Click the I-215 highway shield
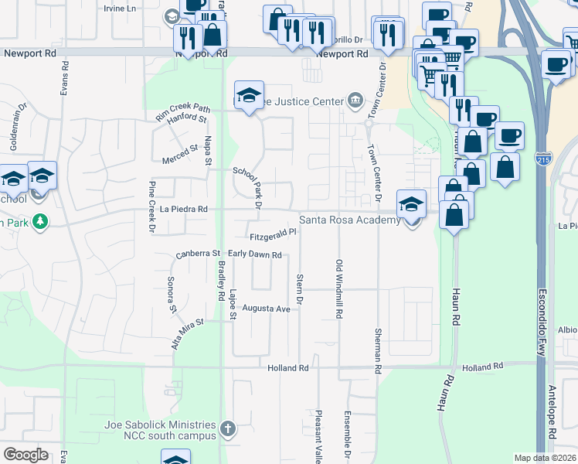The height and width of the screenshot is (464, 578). (543, 159)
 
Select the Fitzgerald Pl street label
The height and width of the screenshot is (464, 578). (273, 234)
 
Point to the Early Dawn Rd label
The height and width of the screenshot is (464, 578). (254, 254)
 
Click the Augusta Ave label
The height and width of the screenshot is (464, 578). (266, 308)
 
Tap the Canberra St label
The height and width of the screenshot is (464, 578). (199, 253)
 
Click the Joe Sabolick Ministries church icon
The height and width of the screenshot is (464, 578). (227, 428)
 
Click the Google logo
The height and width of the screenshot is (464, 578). (25, 455)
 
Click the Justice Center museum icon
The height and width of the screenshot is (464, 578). (355, 98)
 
